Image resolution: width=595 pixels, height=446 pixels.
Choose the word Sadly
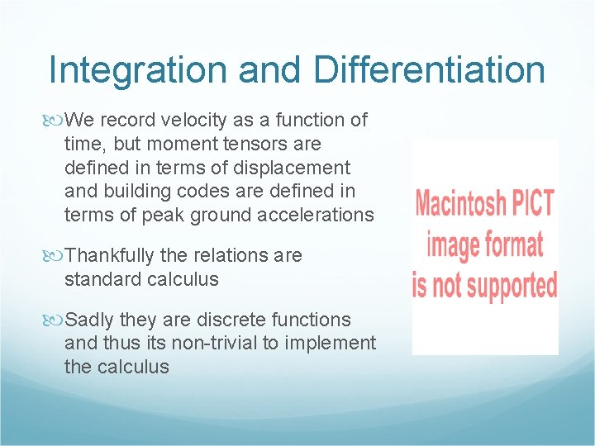click(x=89, y=320)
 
